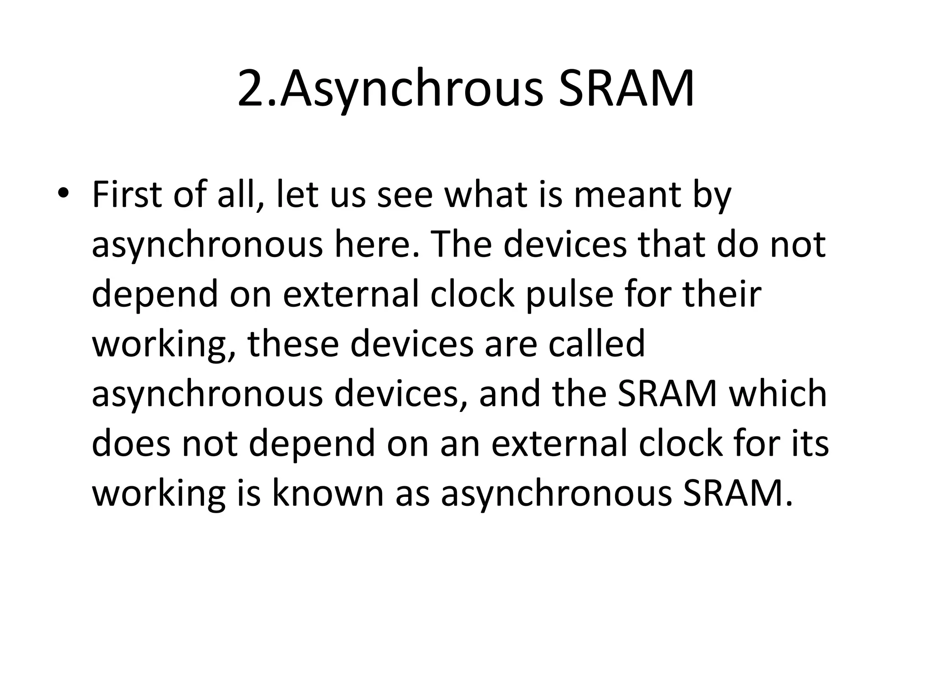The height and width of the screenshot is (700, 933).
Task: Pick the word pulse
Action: (570, 295)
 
